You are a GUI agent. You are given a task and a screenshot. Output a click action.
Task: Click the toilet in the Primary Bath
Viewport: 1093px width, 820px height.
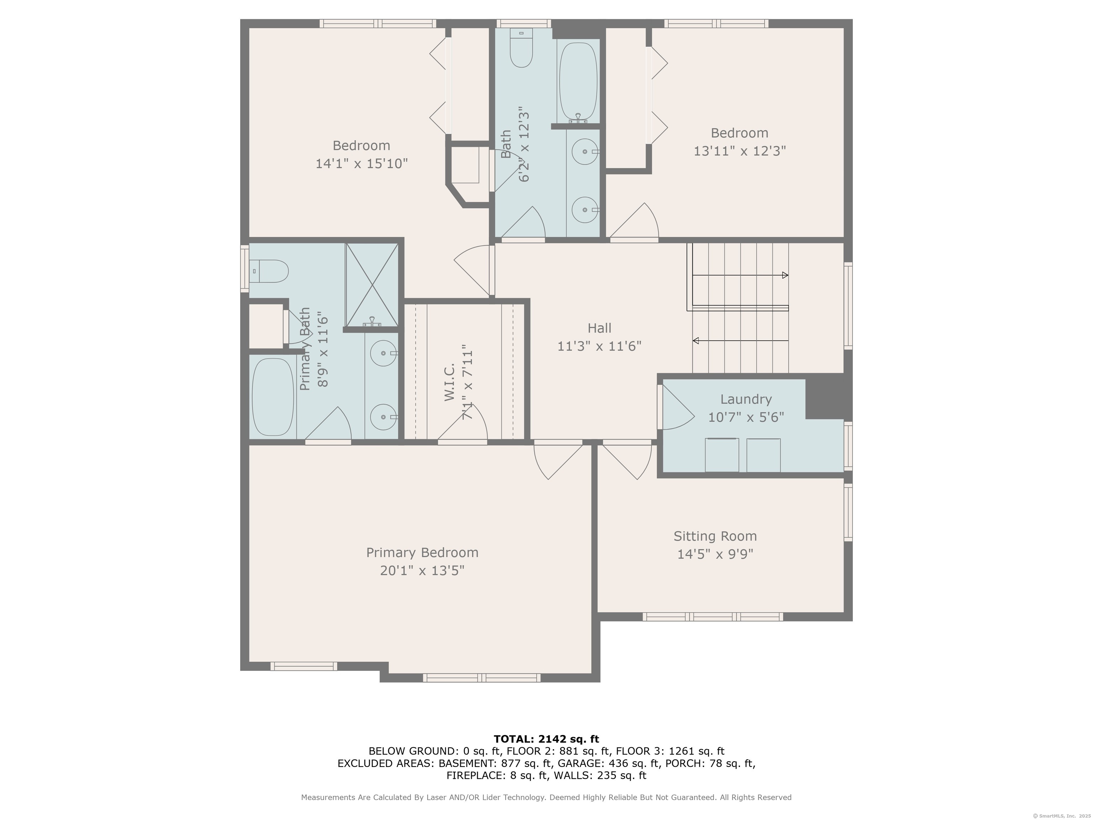[269, 271]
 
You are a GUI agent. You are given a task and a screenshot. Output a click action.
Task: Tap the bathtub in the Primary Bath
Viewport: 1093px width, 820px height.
[273, 397]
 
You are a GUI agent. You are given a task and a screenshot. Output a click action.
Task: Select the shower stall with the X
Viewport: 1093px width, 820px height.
[371, 285]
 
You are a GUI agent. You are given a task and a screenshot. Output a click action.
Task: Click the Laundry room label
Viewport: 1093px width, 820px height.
[746, 399]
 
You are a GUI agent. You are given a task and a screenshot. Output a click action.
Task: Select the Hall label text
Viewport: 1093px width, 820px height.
[600, 328]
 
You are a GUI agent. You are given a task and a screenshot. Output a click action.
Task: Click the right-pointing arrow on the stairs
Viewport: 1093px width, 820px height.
[740, 275]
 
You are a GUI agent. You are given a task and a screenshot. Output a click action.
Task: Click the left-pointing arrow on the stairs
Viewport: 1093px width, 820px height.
[740, 341]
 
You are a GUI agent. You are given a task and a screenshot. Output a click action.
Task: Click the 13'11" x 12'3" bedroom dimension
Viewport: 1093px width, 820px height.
[740, 151]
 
